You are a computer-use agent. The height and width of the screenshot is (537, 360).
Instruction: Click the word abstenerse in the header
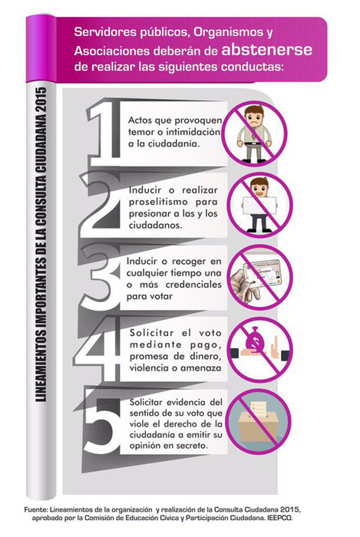click(x=267, y=50)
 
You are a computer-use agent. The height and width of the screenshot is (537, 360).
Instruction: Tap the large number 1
click(x=105, y=133)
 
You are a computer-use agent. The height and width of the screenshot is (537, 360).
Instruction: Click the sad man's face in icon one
click(x=254, y=117)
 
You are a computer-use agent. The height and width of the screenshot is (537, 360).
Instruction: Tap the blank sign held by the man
click(x=259, y=206)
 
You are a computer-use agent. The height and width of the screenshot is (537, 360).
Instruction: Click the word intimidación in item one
click(x=193, y=132)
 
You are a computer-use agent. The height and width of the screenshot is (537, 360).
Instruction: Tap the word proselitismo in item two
click(x=158, y=202)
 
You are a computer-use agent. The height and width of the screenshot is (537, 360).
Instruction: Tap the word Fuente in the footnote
click(x=35, y=509)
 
